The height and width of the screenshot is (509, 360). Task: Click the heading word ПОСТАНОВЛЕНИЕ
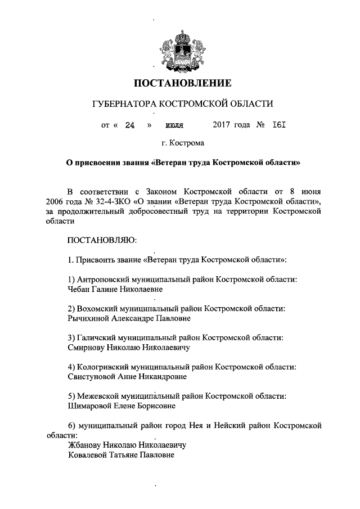tap(182, 84)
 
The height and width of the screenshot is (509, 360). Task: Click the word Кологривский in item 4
tap(102, 367)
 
